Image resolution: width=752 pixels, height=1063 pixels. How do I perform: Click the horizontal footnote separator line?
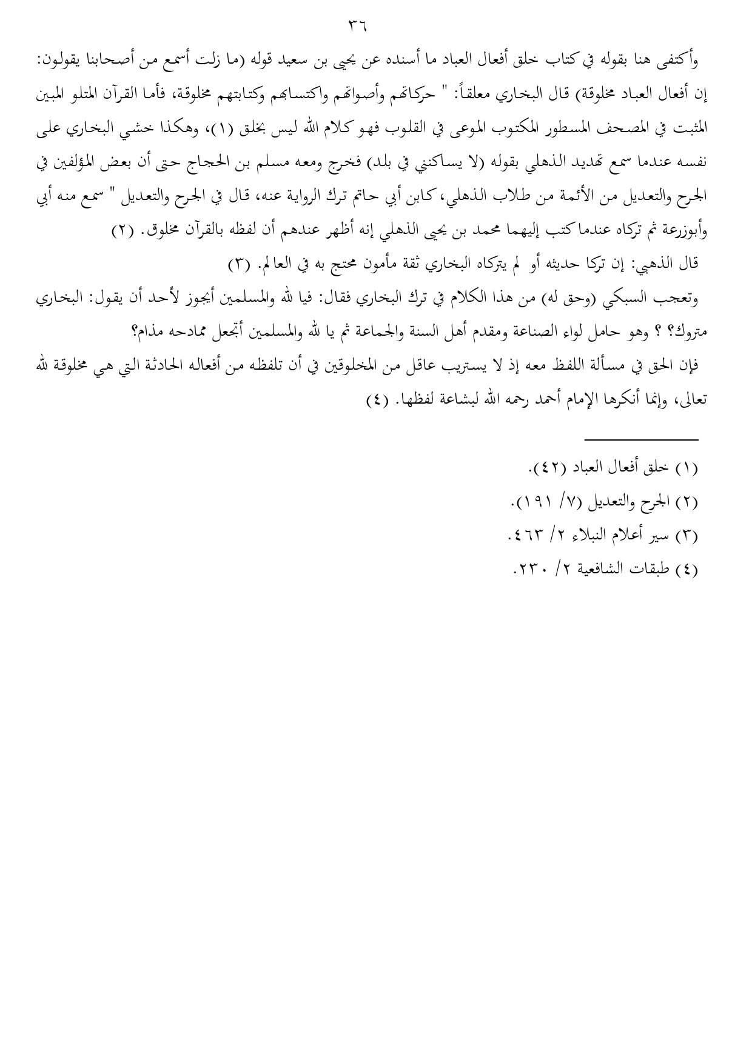641,439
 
